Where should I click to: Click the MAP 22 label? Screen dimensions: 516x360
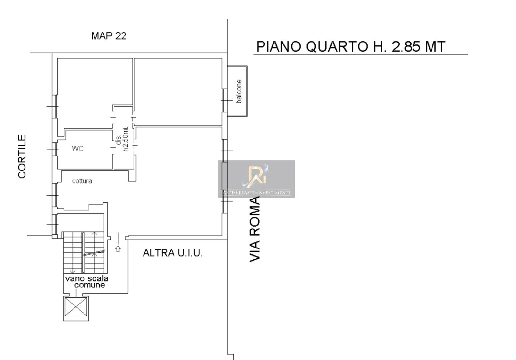[x=109, y=36]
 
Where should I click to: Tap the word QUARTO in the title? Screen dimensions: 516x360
[x=337, y=46]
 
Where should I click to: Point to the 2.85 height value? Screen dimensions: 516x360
[x=406, y=46]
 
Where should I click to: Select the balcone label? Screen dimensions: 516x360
[x=239, y=91]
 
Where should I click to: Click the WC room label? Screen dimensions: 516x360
[x=77, y=149]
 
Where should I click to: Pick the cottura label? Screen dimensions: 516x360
[x=82, y=181]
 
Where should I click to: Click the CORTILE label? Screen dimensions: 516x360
[x=22, y=157]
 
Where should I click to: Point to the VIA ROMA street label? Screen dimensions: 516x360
[x=255, y=229]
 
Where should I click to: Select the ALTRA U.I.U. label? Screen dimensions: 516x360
[x=173, y=253]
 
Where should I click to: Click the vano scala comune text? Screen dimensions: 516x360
[x=87, y=282]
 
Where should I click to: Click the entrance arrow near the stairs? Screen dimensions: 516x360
[x=118, y=249]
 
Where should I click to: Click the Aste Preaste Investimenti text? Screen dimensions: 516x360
[x=256, y=193]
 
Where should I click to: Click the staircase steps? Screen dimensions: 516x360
[x=84, y=252]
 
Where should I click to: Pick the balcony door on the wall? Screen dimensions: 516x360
[x=224, y=100]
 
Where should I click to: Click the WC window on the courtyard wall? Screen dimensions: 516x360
[x=55, y=149]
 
